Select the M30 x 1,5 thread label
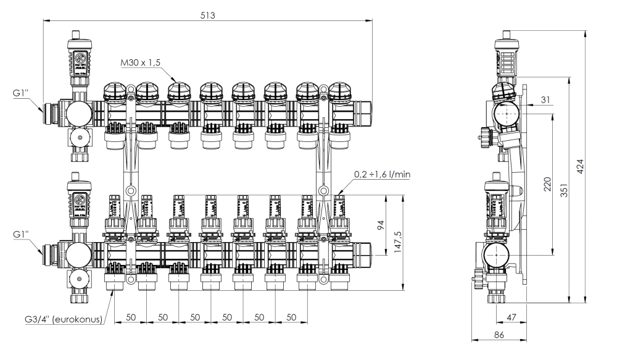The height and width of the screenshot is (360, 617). [x=148, y=63]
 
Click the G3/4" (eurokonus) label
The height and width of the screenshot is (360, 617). [x=64, y=320]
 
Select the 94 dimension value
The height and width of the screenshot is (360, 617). [x=381, y=225]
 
